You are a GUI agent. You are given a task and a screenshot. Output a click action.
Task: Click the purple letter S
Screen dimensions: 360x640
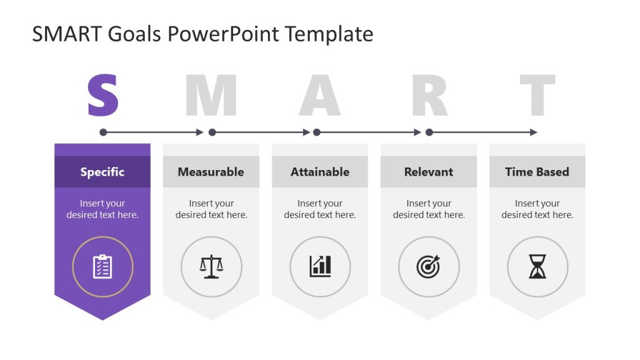click(x=102, y=96)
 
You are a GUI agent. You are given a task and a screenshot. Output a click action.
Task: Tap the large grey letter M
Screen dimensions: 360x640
click(x=211, y=96)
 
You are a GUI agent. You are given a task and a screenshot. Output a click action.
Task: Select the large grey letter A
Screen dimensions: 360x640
click(x=320, y=96)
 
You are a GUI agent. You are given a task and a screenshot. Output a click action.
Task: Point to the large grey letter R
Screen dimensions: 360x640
click(x=429, y=96)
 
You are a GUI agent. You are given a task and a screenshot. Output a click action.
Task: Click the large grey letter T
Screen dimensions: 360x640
click(x=537, y=96)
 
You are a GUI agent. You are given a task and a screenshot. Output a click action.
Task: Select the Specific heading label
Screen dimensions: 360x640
click(x=102, y=172)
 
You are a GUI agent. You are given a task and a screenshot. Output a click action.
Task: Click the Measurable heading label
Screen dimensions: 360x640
click(x=211, y=172)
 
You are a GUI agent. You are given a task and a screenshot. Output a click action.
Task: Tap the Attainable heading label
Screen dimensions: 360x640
click(x=320, y=172)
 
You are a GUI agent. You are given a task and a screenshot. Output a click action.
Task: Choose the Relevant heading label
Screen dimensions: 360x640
click(x=429, y=172)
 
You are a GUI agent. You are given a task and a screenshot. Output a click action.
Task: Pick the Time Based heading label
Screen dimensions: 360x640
click(x=537, y=172)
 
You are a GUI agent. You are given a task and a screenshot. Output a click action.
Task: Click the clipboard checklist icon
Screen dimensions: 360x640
click(x=102, y=267)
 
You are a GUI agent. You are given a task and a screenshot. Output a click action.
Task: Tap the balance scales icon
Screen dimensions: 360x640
click(x=211, y=267)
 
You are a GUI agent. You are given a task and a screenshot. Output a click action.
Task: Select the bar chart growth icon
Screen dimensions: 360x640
click(x=320, y=267)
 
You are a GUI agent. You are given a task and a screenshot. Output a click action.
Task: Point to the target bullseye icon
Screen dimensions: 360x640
click(x=429, y=267)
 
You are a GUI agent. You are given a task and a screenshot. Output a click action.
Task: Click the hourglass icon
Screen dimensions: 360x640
click(x=537, y=267)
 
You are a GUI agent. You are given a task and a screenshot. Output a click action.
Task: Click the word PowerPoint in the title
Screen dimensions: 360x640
click(x=222, y=34)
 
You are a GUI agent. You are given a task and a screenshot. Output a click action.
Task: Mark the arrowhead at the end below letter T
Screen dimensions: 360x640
click(x=534, y=132)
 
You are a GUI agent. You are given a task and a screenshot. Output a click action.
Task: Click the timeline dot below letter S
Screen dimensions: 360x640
click(x=103, y=132)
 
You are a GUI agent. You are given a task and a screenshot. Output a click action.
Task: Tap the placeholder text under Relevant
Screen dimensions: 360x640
click(x=429, y=209)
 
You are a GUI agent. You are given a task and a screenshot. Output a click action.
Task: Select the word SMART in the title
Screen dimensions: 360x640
click(x=67, y=34)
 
